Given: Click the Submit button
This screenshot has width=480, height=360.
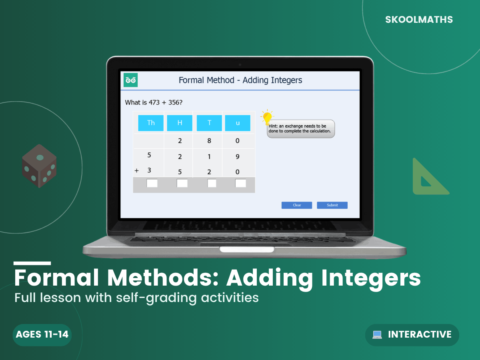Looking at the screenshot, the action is [332, 205].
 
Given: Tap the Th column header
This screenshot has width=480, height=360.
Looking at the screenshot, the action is [151, 123].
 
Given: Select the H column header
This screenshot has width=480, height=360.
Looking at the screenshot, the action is [180, 123].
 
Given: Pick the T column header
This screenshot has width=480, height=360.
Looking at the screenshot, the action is [209, 123].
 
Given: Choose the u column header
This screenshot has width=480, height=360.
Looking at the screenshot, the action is [238, 123].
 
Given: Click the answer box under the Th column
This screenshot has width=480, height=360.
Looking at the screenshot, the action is [152, 183].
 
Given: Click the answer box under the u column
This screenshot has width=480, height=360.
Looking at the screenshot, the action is [240, 183].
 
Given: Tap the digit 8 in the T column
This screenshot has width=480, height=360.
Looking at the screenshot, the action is [209, 140].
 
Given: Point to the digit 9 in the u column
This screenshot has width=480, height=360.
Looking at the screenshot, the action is [238, 156].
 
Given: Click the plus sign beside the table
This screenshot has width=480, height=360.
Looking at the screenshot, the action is [137, 170].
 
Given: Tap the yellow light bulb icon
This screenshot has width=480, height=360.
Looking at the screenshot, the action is [267, 117].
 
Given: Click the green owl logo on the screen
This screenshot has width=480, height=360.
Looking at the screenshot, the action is [130, 80].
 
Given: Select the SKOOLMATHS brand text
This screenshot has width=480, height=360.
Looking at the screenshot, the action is [419, 20].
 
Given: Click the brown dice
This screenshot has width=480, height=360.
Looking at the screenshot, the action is [39, 166].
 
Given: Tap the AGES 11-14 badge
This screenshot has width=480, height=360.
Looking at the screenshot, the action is [42, 335].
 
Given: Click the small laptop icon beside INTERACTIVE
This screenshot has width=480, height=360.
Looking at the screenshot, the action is [377, 335].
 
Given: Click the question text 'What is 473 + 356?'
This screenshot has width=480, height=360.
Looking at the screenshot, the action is [154, 102].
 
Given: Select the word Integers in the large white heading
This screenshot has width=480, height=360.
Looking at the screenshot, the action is [371, 278].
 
